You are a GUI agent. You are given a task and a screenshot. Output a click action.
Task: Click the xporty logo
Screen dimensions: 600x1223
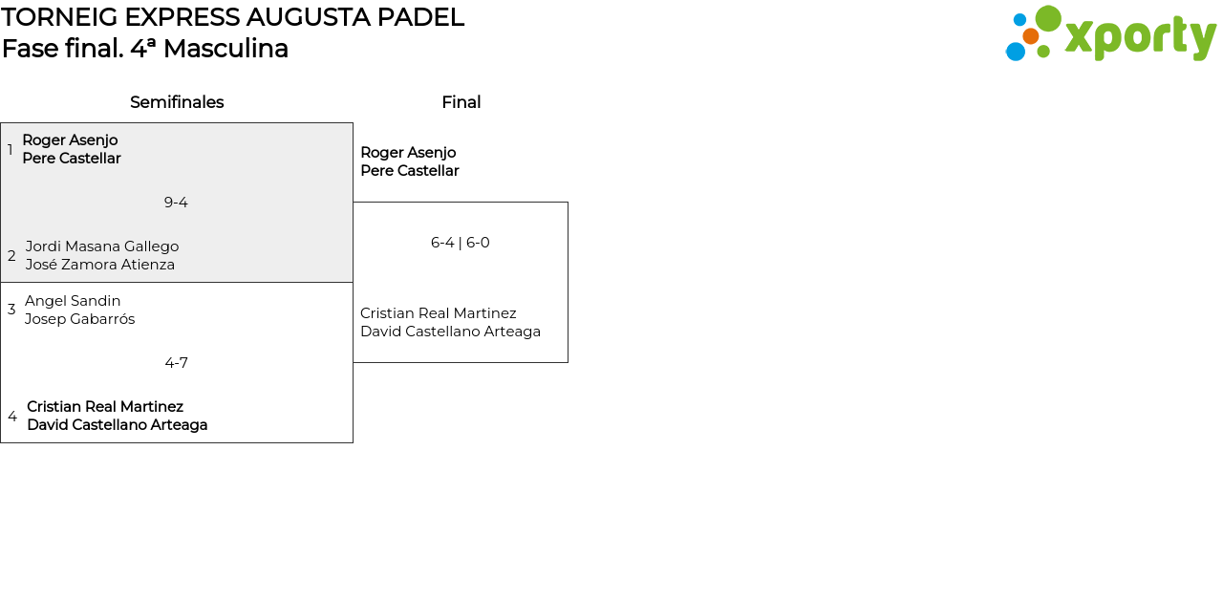coord(1110,34)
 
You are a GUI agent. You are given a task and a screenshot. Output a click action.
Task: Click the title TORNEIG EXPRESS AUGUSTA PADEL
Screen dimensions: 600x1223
coord(232,17)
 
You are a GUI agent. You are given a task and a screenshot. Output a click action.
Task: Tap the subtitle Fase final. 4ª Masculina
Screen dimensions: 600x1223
coord(145,49)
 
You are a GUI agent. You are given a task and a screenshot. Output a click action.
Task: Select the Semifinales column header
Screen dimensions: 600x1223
coord(177,102)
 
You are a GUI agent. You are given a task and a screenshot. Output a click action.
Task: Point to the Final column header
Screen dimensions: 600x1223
coord(461,102)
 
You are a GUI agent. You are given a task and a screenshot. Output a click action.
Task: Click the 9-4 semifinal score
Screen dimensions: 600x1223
coord(176,203)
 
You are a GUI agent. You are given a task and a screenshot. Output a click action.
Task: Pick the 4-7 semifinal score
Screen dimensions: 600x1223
coord(176,363)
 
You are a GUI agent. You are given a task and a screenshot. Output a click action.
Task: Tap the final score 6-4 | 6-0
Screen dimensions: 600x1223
coord(460,243)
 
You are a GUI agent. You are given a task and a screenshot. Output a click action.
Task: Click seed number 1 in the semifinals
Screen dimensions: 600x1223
coord(11,150)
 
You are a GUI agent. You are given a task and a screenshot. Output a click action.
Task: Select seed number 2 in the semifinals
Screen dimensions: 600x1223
coord(11,256)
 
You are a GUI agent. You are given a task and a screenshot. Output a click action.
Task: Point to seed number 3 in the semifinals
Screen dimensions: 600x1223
coord(11,310)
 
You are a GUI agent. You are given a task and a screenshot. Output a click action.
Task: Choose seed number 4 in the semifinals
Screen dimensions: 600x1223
coord(12,417)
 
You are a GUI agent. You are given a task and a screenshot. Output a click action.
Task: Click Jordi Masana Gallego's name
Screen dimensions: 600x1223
coord(102,246)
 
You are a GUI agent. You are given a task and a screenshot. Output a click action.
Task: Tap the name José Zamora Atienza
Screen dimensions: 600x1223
coord(100,265)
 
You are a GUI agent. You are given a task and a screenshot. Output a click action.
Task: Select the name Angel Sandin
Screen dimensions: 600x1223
coord(73,301)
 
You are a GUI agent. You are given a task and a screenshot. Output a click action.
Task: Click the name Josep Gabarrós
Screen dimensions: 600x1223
coord(80,319)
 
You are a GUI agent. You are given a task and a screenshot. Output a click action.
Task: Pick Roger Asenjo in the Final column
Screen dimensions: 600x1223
coord(408,153)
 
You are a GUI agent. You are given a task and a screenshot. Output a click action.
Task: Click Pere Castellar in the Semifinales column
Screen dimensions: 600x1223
coord(72,159)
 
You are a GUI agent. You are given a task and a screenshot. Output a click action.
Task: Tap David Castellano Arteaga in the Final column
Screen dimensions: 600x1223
coord(450,332)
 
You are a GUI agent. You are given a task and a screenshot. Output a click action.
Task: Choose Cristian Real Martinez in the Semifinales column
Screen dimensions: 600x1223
coord(105,407)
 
